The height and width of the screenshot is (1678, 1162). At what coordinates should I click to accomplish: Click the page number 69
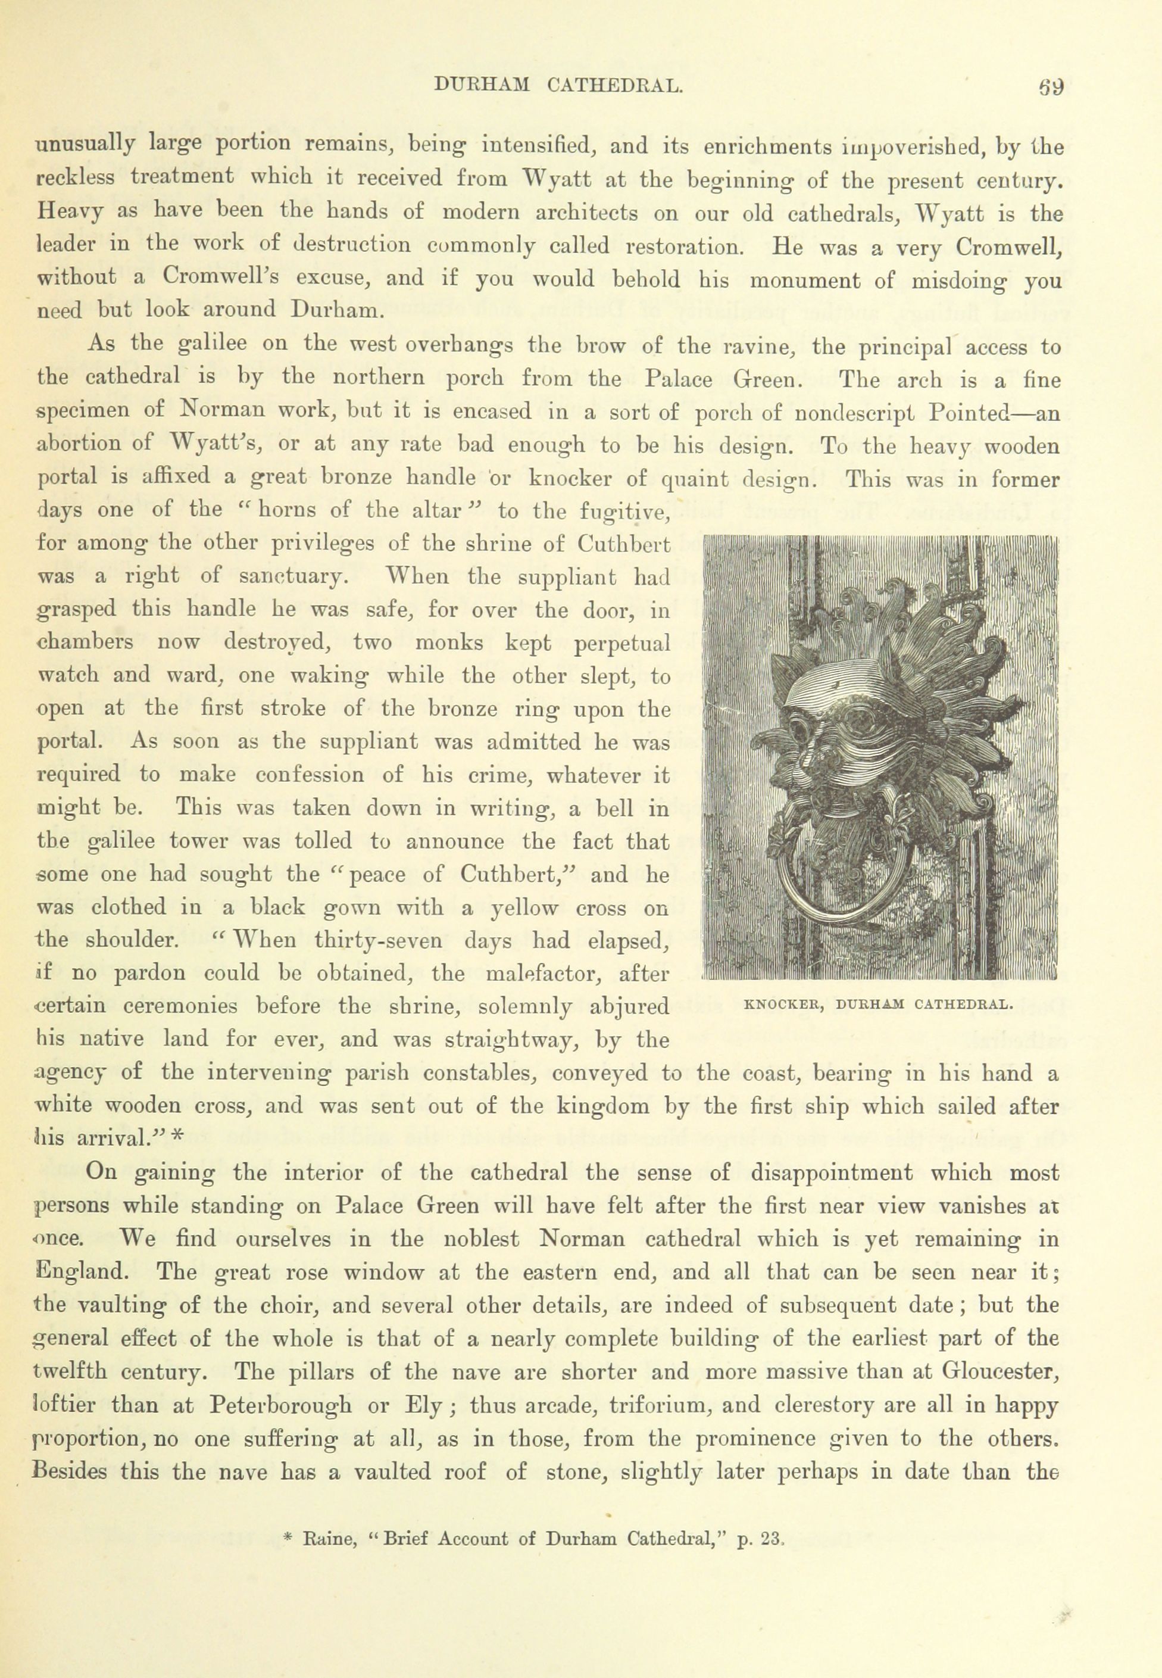[x=1051, y=88]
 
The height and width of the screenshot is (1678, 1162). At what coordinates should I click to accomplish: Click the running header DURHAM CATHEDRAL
[x=558, y=86]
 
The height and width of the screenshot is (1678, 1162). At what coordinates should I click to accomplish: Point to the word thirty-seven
[x=378, y=941]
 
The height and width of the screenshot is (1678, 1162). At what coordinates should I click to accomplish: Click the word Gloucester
[x=999, y=1371]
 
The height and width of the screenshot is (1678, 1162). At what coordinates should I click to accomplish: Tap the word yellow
[x=523, y=908]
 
